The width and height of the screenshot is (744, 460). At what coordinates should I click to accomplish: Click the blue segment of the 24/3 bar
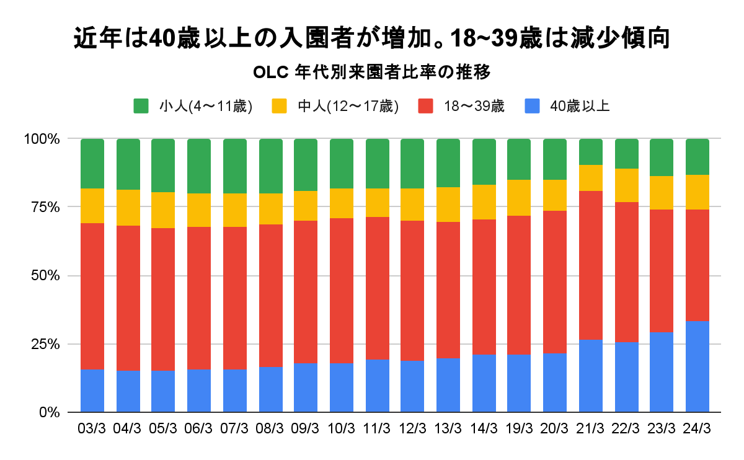[697, 366]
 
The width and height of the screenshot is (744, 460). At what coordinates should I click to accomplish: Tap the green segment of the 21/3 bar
[591, 152]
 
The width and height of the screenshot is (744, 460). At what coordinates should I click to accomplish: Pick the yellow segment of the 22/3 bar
[626, 185]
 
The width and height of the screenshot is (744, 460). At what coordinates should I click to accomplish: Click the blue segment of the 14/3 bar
[484, 383]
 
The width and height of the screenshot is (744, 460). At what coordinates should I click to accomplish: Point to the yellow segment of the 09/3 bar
[306, 206]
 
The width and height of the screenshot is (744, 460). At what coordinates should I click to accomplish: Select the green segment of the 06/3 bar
[199, 166]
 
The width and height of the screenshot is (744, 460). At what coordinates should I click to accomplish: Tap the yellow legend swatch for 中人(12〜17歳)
[280, 106]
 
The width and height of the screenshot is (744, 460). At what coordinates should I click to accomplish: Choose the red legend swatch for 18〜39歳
[427, 106]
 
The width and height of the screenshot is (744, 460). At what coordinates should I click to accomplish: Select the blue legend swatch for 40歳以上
[532, 106]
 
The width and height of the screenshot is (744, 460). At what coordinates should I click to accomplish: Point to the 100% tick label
[42, 139]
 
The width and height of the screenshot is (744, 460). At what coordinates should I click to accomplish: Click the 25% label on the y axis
[45, 344]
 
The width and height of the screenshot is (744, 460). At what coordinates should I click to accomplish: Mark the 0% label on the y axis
[49, 412]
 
